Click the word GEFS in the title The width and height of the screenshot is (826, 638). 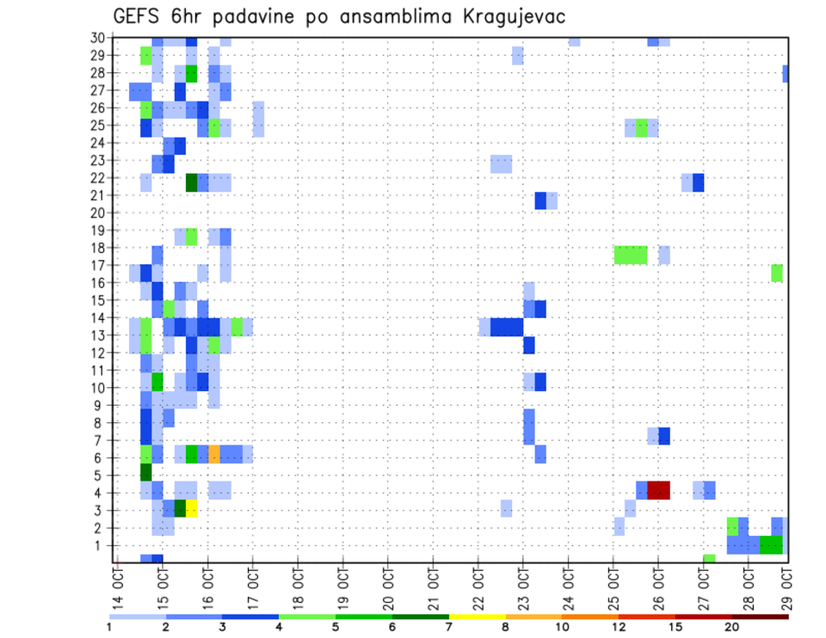(x=139, y=16)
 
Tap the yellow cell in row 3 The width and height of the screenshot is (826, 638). (x=191, y=508)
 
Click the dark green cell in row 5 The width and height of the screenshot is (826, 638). (x=146, y=472)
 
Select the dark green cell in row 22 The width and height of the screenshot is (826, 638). (x=191, y=182)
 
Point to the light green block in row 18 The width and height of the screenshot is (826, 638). (x=631, y=255)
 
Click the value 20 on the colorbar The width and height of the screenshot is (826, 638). (x=732, y=626)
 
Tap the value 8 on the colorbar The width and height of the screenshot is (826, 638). (x=505, y=626)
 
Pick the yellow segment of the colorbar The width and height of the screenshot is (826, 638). (x=477, y=617)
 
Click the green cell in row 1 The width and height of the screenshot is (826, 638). (x=771, y=544)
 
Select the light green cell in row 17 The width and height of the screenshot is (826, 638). (x=777, y=273)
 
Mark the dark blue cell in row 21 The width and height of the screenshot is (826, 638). (x=540, y=200)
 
